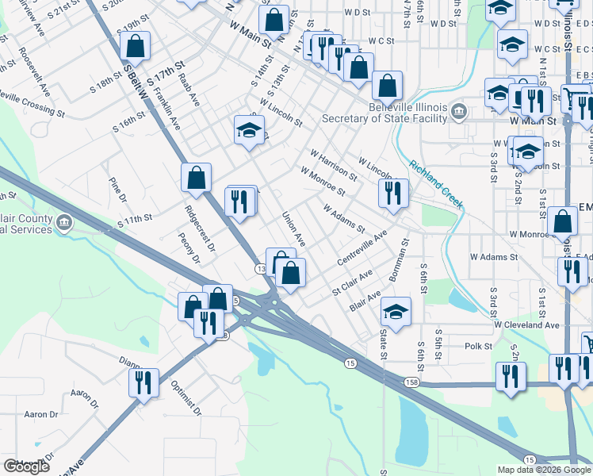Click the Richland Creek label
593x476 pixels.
pos(436,185)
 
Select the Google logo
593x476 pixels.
pos(26,466)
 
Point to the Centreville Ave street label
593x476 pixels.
pos(361,248)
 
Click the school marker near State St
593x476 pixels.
pos(396,310)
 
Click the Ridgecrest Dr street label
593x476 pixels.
pos(200,229)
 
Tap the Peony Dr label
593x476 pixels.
pos(189,248)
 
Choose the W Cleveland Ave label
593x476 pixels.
pos(526,325)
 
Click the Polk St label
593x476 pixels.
pos(479,347)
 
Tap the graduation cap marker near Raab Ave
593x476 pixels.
pos(249,129)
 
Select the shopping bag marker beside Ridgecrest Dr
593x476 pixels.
pos(196,178)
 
